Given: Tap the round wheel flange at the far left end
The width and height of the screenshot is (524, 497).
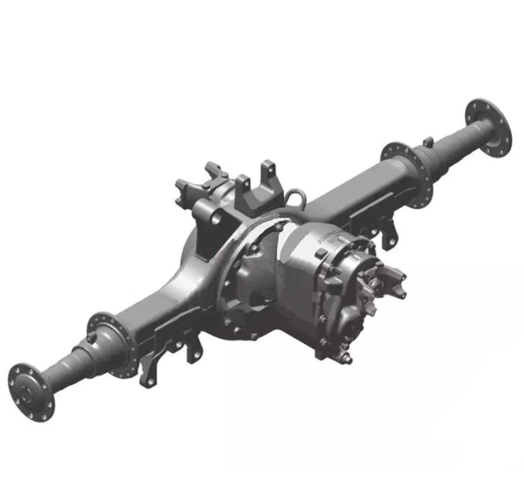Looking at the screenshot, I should click(x=31, y=390).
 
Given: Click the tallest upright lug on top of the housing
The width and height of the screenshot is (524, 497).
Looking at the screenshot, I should click(x=267, y=174).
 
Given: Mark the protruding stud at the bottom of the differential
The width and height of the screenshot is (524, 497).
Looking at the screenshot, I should click(x=347, y=358).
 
